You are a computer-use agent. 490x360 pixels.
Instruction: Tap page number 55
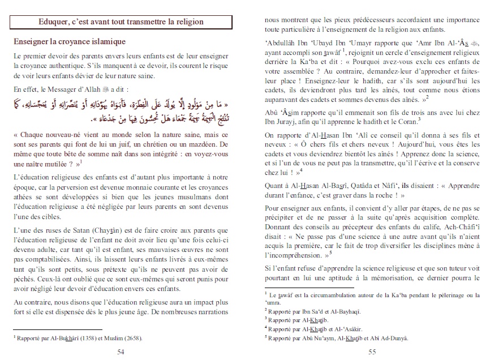tap(372, 352)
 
